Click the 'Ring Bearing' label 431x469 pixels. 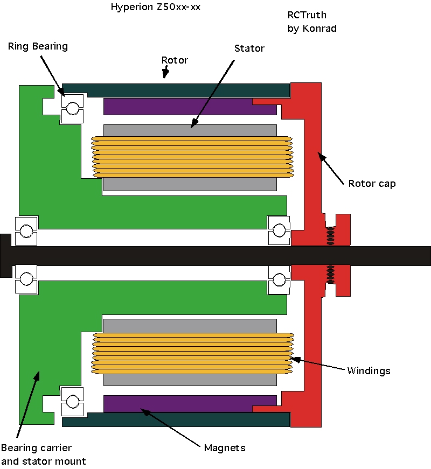click(38, 46)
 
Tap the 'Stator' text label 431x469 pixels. click(249, 48)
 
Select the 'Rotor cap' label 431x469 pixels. click(372, 184)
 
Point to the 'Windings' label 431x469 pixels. click(369, 371)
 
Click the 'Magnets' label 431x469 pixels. click(225, 448)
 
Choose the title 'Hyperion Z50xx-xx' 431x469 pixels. click(156, 7)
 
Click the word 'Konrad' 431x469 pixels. click(319, 29)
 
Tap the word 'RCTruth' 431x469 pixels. click(307, 15)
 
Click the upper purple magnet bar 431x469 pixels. click(190, 107)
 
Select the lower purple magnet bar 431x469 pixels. click(190, 404)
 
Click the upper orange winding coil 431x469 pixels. click(192, 157)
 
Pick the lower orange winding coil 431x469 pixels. click(192, 353)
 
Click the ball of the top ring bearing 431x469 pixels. click(73, 108)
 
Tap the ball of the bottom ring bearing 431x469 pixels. click(73, 401)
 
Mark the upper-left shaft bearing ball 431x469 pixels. click(26, 231)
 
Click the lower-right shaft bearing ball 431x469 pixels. click(279, 280)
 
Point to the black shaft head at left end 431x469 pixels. click(6, 256)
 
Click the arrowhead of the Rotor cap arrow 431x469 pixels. click(322, 157)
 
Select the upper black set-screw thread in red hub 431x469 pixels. click(330, 236)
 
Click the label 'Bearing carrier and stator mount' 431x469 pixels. click(44, 454)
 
